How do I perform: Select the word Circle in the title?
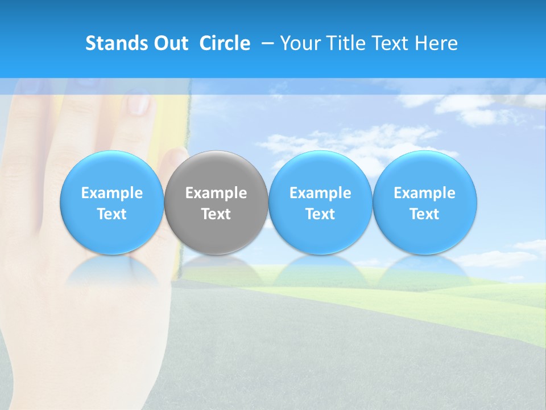pyautogui.click(x=225, y=43)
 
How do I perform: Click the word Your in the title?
pyautogui.click(x=299, y=43)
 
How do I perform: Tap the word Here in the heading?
pyautogui.click(x=436, y=43)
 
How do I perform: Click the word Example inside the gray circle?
pyautogui.click(x=216, y=193)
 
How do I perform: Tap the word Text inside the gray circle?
pyautogui.click(x=216, y=214)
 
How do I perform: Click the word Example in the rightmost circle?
pyautogui.click(x=425, y=193)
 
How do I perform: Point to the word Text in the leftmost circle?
pyautogui.click(x=111, y=214)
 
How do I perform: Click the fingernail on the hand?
pyautogui.click(x=139, y=104)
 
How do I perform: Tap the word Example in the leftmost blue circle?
pyautogui.click(x=111, y=193)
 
